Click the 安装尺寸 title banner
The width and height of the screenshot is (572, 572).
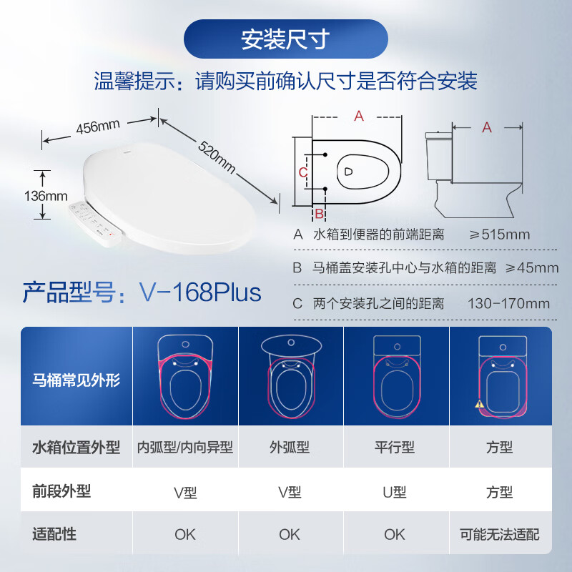point(285,39)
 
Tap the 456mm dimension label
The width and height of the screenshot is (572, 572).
point(98,127)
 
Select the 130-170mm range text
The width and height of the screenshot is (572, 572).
point(508,303)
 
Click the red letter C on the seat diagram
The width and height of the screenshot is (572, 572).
point(302,172)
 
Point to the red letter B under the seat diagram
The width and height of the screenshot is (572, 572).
point(320,213)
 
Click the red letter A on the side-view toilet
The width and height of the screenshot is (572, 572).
point(487,127)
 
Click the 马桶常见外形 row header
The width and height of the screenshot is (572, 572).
point(76,380)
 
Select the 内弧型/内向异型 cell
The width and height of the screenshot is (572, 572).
point(185,448)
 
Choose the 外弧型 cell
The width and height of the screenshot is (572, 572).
point(290,448)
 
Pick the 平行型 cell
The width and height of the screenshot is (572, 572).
point(395,448)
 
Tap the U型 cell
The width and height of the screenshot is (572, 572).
point(395,492)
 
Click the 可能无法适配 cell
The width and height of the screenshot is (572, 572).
point(500,534)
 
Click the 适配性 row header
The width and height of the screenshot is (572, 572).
point(54,534)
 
